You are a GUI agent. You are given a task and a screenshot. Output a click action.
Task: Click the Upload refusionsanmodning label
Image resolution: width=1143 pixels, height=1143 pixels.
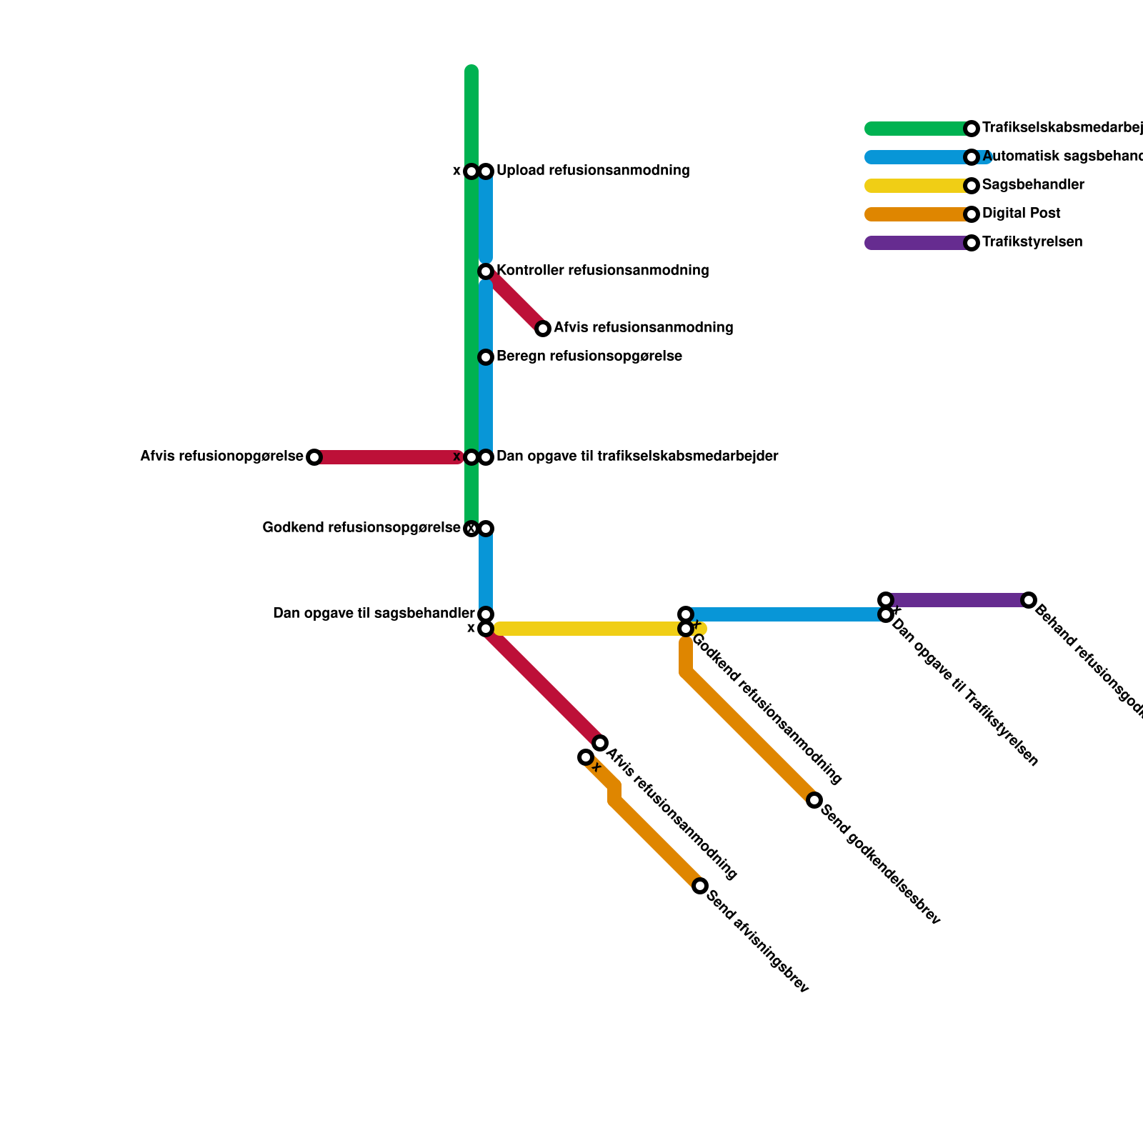pos(592,171)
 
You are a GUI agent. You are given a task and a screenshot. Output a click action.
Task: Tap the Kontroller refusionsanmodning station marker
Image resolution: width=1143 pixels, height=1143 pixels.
pos(486,271)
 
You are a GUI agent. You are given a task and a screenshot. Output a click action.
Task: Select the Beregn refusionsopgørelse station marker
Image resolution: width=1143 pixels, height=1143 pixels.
pos(486,357)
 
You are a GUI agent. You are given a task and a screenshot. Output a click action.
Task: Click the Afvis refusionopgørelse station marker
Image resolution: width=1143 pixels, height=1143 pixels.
pos(314,457)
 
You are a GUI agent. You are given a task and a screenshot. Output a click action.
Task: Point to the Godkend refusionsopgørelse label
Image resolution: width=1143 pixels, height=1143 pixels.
pos(361,528)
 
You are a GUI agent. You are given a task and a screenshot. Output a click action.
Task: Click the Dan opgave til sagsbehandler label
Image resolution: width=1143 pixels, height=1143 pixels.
pos(374,614)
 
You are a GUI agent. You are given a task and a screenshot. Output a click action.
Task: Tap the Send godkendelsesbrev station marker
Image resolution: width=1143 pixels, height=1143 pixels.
pos(814,800)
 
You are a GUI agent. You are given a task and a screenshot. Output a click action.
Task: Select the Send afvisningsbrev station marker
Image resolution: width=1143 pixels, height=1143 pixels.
pos(700,886)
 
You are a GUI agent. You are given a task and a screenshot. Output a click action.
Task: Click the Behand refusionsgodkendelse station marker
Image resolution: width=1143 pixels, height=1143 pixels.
pos(1029,600)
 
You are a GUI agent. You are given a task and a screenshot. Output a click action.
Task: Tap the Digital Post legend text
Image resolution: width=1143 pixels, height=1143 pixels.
pos(1021,214)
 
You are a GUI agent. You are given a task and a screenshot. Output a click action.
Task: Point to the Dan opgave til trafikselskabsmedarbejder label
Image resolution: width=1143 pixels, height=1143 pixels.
pos(637,456)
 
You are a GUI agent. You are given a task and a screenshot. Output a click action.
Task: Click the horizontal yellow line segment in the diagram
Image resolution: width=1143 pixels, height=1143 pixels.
pos(586,629)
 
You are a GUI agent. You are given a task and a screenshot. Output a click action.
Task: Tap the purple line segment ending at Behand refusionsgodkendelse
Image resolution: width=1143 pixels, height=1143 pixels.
pos(957,600)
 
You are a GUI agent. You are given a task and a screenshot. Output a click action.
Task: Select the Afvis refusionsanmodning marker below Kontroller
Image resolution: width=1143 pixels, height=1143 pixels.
pos(543,329)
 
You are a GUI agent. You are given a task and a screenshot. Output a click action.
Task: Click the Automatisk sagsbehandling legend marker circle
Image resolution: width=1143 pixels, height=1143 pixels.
pos(972,157)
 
